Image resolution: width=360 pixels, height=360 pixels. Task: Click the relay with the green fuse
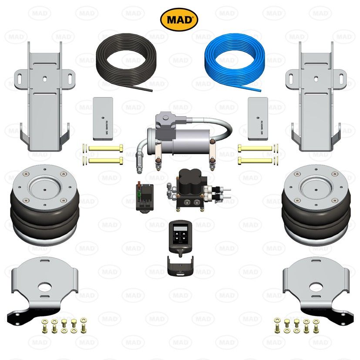coord(145,197)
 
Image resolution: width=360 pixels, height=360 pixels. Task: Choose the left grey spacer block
coord(103,116)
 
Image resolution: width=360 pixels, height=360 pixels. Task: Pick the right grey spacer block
coord(257,116)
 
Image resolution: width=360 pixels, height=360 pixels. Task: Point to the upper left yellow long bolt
coord(104,149)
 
